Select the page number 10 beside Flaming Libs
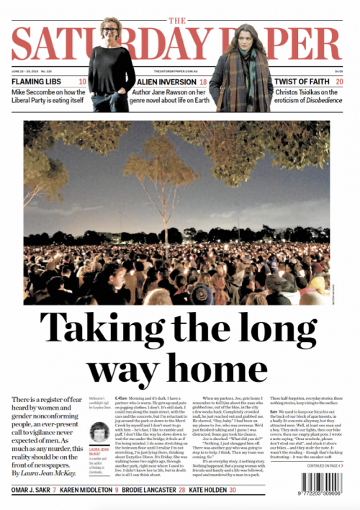tap(83, 82)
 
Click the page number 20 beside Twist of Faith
tap(339, 82)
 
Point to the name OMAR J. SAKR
tap(30, 490)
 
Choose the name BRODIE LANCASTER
tap(148, 490)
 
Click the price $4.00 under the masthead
tap(338, 70)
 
